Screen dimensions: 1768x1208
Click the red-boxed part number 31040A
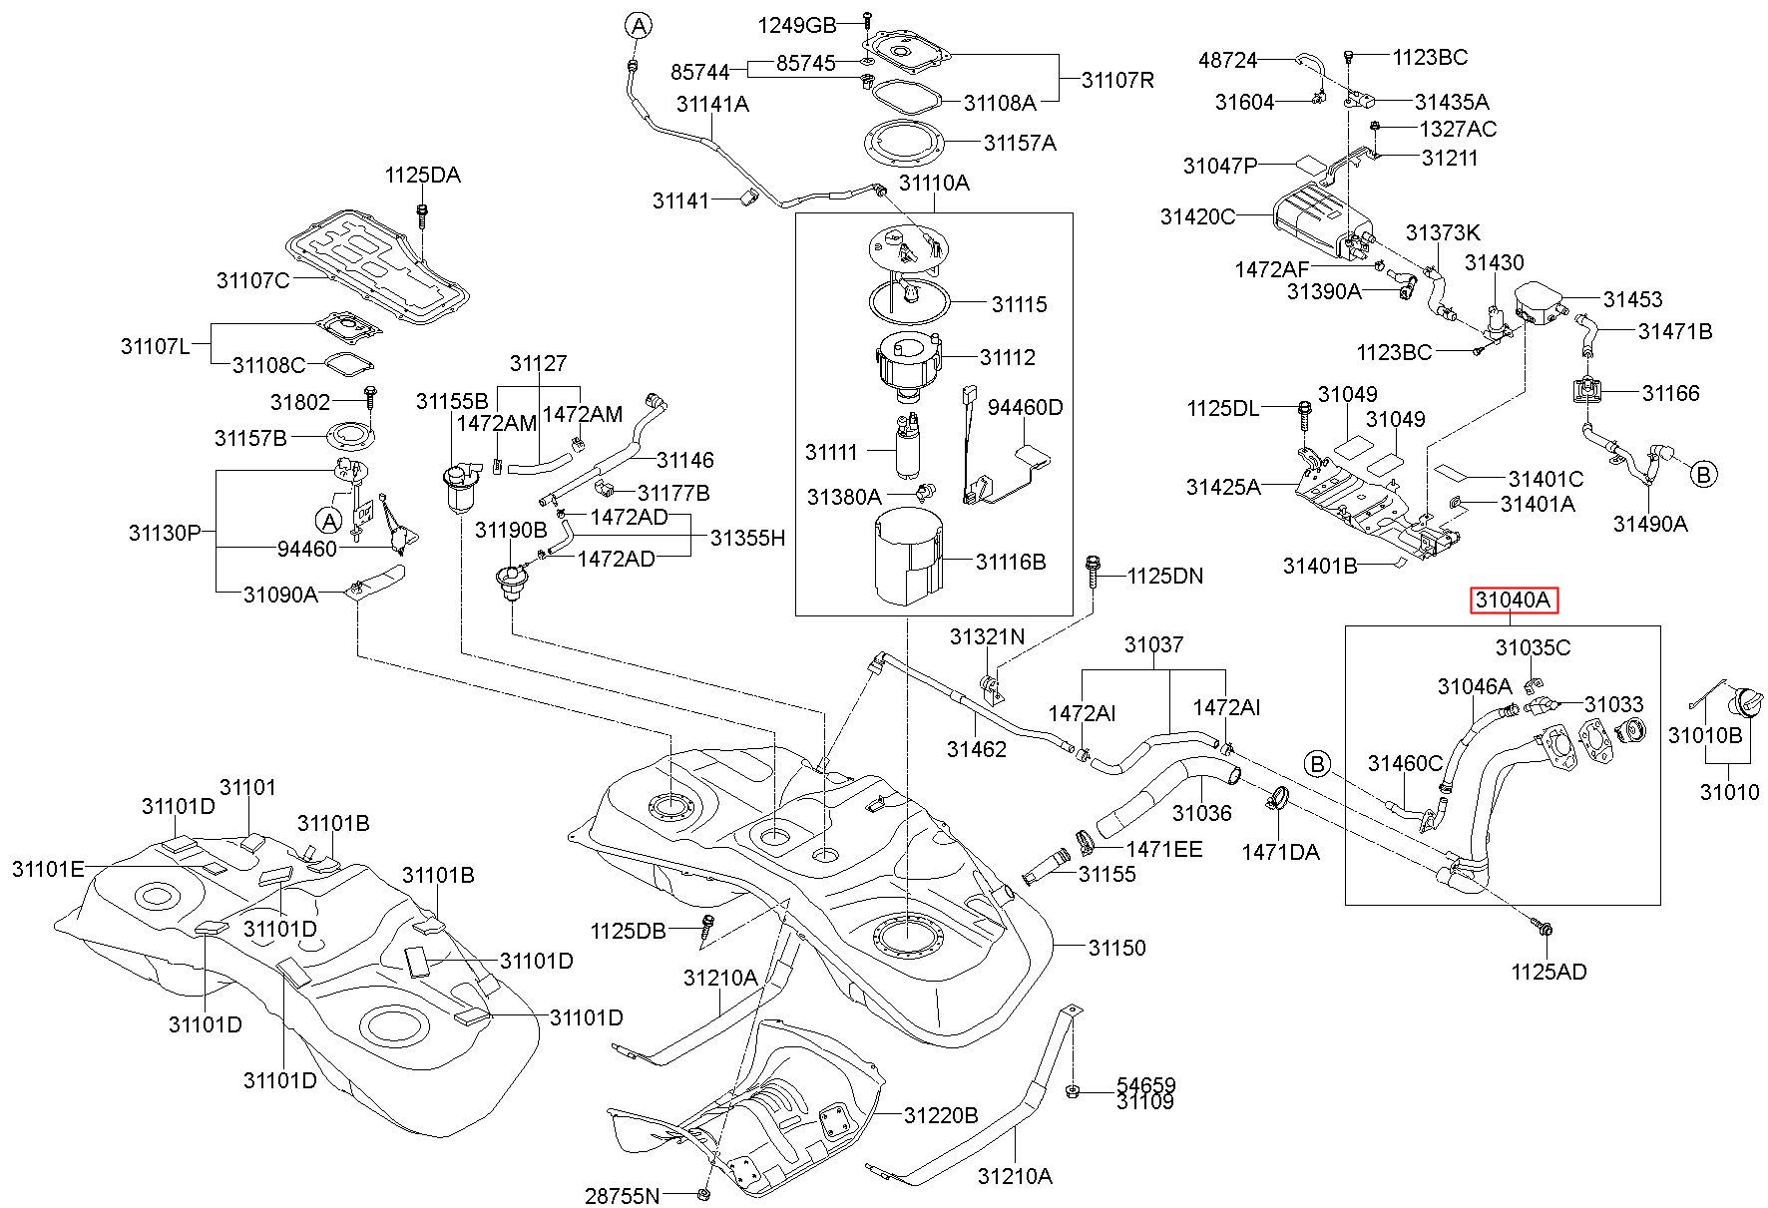tap(1513, 601)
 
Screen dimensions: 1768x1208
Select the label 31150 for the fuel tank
tap(1116, 947)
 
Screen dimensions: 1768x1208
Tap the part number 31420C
tap(1197, 216)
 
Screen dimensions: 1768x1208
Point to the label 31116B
tap(1011, 562)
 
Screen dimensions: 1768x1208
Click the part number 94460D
tap(1026, 407)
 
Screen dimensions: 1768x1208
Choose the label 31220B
tap(942, 1114)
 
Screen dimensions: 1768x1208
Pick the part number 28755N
tap(623, 1195)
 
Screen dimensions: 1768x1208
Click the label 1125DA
tap(422, 176)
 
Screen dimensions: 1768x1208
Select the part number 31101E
tap(48, 869)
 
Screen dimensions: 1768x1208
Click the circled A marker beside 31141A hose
tap(639, 25)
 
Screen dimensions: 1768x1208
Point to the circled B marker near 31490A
tap(1704, 474)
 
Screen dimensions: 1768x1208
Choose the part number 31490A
tap(1651, 523)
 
